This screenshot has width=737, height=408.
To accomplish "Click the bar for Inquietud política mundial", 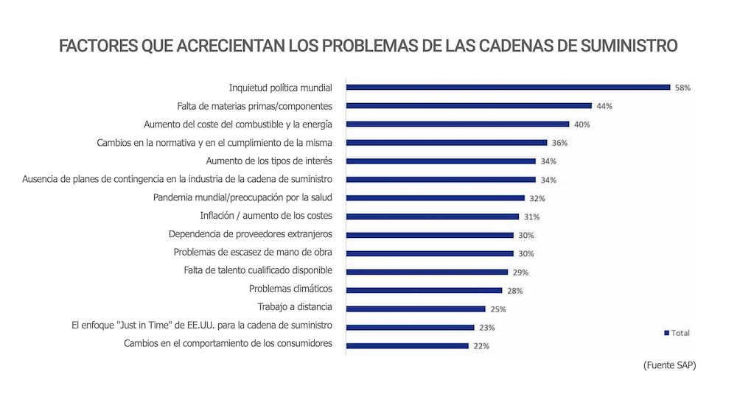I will [508, 87].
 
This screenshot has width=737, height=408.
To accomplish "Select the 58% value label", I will [682, 88].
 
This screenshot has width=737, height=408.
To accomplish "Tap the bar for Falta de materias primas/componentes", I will [469, 105].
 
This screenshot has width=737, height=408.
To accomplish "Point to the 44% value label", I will [604, 106].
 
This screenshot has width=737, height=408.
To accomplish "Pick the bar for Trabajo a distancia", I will [416, 309].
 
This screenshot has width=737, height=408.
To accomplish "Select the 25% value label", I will [498, 309].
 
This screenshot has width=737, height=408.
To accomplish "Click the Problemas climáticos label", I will [290, 289].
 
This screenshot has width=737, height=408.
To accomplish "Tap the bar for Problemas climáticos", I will [424, 290].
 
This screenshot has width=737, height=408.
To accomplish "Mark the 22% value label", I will [481, 346].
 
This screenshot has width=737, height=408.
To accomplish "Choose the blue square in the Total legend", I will [666, 333].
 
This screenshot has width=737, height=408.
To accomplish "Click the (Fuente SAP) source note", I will [669, 365].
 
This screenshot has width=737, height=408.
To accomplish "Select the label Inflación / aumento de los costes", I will [266, 216].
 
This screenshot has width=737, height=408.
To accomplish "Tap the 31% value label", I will [531, 217].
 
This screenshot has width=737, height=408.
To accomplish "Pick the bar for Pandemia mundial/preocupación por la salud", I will [435, 197].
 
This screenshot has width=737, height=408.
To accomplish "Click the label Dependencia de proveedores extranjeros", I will [251, 233].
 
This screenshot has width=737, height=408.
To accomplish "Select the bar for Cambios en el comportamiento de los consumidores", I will [407, 345].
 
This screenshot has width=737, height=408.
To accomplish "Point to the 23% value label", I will [486, 328].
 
